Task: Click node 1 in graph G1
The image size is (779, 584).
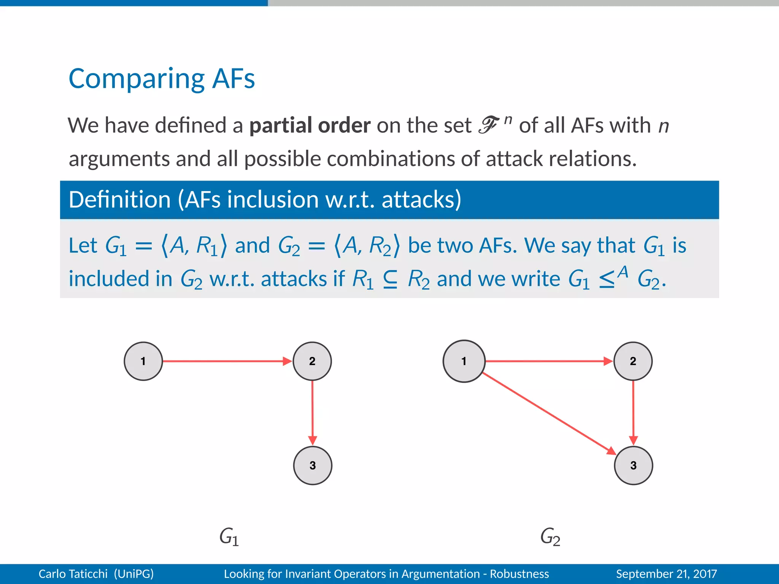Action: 143,361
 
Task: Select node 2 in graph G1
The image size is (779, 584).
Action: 312,361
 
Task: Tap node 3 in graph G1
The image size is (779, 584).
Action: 313,465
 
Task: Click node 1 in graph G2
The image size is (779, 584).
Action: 464,361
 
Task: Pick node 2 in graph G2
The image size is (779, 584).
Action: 633,361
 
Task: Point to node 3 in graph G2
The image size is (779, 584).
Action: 633,465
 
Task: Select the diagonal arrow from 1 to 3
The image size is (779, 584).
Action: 548,413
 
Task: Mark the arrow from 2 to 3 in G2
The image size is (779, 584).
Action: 633,413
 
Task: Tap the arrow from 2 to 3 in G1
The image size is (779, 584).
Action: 312,413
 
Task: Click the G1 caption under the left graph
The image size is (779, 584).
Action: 229,536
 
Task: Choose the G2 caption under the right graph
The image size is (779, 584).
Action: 550,536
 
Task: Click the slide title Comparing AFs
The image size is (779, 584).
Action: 162,79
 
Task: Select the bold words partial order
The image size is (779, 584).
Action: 310,125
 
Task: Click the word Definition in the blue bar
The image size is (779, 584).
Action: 119,200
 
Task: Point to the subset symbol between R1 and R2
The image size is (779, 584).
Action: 390,279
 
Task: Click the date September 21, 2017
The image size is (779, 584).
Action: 666,574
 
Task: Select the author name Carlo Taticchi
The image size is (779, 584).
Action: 73,574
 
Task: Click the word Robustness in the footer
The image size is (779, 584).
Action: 519,574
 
